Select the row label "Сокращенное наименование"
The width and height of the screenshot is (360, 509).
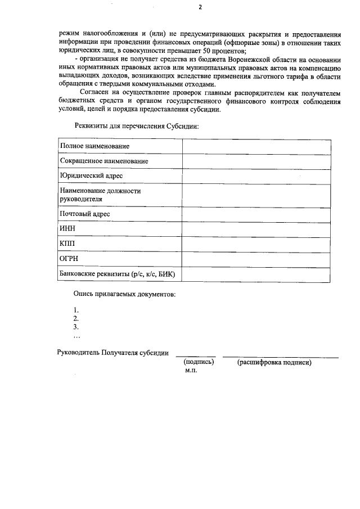[104, 161]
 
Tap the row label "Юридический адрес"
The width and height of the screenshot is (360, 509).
[91, 176]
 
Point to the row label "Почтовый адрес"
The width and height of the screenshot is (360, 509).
[84, 214]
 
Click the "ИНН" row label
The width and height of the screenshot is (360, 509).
[67, 229]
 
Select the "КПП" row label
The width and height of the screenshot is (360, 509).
[67, 244]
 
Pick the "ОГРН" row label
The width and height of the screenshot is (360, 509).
[69, 259]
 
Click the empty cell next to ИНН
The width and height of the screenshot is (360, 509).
[256, 229]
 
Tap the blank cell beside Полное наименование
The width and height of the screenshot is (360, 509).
[256, 146]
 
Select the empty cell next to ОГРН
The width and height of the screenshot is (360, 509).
[256, 259]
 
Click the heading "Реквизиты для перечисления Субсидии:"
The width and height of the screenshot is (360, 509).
[137, 126]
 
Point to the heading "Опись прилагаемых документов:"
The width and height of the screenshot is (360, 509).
[124, 294]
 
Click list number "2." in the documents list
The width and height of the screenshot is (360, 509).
[76, 318]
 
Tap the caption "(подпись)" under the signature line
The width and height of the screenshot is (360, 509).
[199, 363]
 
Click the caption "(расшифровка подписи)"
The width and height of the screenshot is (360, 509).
[274, 363]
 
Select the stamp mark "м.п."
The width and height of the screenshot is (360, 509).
[191, 372]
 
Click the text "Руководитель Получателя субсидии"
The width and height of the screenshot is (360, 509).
[113, 353]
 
